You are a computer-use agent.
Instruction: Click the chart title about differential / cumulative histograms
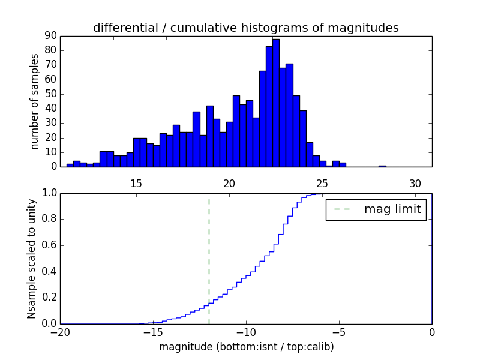(x=245, y=28)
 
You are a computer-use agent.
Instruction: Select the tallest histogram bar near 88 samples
(x=275, y=103)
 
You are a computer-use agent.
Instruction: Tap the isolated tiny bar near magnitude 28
(x=382, y=166)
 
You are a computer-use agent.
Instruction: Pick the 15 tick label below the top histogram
(x=136, y=184)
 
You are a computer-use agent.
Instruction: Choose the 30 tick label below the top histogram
(x=415, y=184)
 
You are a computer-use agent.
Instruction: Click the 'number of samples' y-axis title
(x=35, y=101)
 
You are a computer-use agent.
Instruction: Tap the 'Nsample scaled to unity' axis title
(x=31, y=258)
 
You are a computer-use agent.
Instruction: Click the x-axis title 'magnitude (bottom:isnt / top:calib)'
(x=246, y=347)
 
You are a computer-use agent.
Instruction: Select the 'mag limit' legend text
(x=392, y=209)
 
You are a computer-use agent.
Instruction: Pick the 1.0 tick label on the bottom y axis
(x=49, y=193)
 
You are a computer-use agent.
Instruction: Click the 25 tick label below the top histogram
(x=322, y=184)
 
